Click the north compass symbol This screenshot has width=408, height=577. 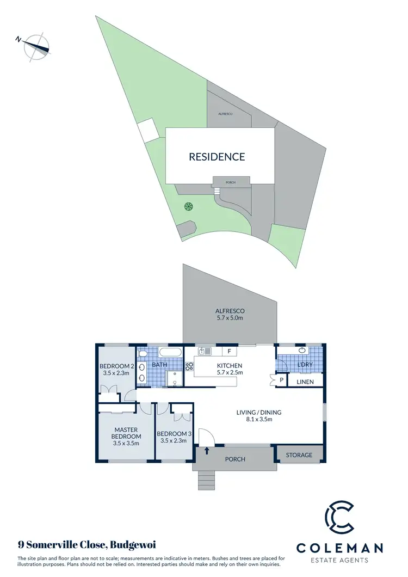[x=36, y=46]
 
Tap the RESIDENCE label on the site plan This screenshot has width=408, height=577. [x=217, y=157]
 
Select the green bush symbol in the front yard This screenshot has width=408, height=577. [x=188, y=206]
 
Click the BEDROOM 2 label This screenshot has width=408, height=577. [x=115, y=366]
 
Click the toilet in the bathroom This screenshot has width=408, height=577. [x=143, y=354]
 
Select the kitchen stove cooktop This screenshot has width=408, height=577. [x=190, y=366]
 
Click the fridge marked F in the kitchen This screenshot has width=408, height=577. [x=229, y=351]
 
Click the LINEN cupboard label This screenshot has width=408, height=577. [x=305, y=382]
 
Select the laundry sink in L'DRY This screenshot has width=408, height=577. [x=302, y=350]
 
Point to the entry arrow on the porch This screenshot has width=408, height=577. [x=207, y=450]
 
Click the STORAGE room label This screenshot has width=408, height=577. [x=299, y=455]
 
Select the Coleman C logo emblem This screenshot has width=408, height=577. [x=339, y=520]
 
